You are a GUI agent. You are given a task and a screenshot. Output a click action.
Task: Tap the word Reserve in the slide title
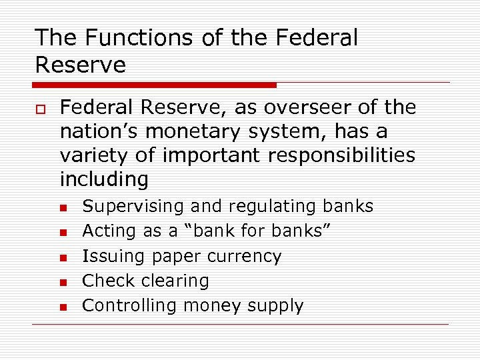click(80, 65)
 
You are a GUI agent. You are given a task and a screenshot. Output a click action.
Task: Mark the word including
click(104, 179)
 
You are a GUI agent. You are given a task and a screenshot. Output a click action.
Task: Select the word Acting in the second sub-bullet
click(110, 231)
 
